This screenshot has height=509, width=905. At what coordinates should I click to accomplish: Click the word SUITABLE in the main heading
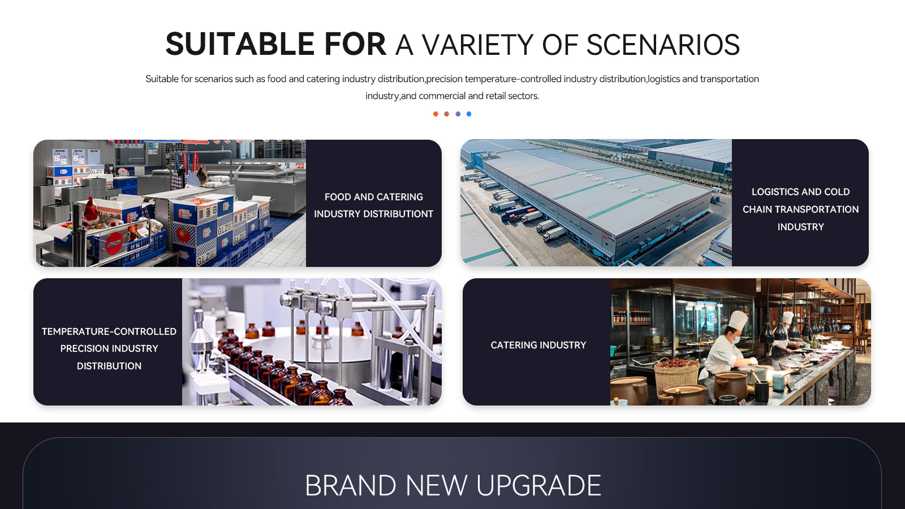(240, 44)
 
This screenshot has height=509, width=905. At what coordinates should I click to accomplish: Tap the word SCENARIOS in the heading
(663, 45)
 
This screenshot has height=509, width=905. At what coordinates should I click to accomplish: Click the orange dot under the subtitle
(436, 114)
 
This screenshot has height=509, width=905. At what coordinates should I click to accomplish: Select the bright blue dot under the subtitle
(469, 114)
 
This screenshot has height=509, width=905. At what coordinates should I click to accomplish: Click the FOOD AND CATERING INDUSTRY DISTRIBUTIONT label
(374, 205)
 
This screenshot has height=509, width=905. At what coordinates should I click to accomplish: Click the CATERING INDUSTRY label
(538, 345)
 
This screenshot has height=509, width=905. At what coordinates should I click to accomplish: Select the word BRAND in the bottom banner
(350, 485)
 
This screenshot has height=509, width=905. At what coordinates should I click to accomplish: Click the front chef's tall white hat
(739, 320)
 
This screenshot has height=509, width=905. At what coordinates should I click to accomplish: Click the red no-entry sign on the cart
(114, 243)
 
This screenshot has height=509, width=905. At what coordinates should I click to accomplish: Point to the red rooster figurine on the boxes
(90, 212)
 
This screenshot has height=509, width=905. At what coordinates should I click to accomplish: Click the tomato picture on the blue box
(183, 234)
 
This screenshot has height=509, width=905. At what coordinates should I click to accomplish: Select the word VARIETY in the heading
(477, 45)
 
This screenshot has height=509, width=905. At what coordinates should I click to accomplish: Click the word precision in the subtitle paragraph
(445, 79)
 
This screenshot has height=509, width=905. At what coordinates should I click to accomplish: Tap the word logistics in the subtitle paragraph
(664, 79)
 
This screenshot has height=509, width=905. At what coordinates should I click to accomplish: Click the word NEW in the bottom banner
(436, 485)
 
